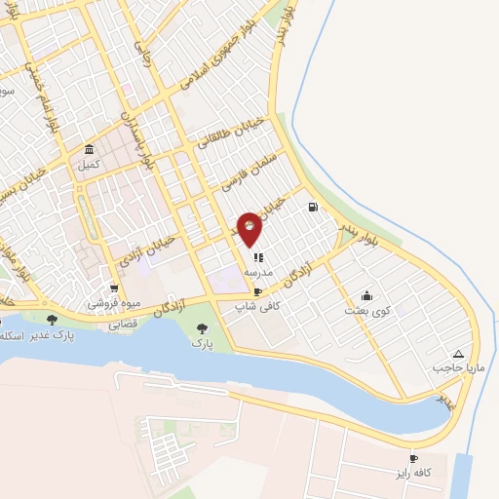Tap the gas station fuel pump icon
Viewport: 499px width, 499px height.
(x=312, y=207)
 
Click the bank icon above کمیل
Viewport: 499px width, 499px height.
(x=90, y=150)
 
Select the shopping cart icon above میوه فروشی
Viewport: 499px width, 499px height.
(x=115, y=288)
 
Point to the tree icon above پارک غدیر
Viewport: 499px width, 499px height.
(x=52, y=320)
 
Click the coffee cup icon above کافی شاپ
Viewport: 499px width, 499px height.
(x=257, y=291)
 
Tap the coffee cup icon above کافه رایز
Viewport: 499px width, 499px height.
(x=413, y=458)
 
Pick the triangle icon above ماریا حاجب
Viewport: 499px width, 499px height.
(x=458, y=354)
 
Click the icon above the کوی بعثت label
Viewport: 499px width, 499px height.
(x=366, y=295)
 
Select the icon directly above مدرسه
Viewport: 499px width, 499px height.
(x=257, y=258)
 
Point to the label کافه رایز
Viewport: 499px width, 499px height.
(x=413, y=473)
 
